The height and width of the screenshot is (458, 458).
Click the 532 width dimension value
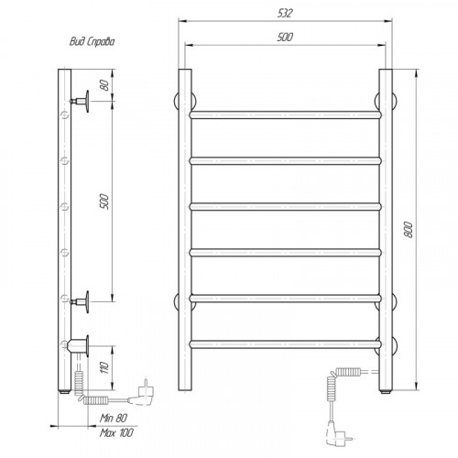point(285,13)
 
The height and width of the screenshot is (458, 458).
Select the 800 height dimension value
point(409,230)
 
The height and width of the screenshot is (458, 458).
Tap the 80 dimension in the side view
point(104,84)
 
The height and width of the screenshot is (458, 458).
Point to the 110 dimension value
point(104,367)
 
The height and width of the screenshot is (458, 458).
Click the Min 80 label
point(114,418)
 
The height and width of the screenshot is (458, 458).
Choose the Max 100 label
point(116,432)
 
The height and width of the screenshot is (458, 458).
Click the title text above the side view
point(92,41)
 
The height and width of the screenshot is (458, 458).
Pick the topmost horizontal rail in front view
point(286,114)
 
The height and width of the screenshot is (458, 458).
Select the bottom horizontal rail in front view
point(286,344)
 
